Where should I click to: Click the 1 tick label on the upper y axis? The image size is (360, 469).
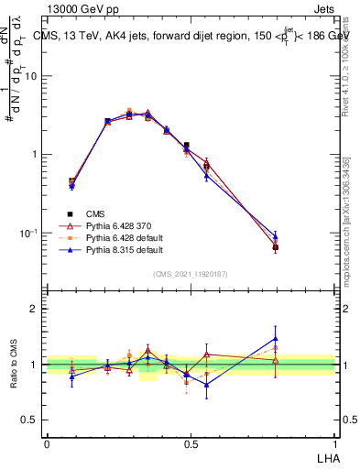pos(37,155)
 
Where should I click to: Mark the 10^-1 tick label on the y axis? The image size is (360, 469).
pos(31,234)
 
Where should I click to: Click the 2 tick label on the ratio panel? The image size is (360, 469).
pos(37,309)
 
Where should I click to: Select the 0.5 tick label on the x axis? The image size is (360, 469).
pos(190,444)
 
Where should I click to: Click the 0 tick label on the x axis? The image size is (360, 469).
pos(47,444)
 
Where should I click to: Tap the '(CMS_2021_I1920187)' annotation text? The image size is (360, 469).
pos(191,273)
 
